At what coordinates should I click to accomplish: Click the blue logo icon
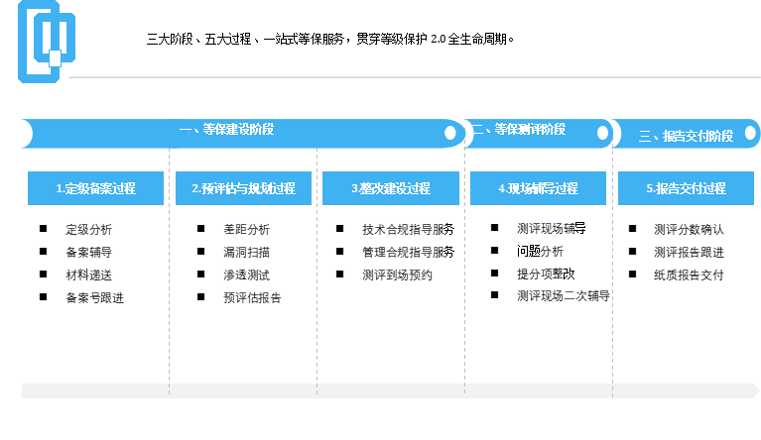click(46, 42)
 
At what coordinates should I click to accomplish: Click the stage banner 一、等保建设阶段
click(243, 133)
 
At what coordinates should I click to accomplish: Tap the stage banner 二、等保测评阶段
click(539, 133)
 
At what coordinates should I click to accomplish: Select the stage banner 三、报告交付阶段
click(687, 134)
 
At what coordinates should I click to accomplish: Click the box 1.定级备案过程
click(95, 188)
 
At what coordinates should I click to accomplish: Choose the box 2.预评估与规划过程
click(243, 188)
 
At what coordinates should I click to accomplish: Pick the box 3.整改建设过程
click(391, 188)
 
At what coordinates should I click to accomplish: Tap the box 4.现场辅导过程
click(538, 188)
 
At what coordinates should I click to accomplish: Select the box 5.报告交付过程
click(686, 188)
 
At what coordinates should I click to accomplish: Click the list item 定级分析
click(89, 229)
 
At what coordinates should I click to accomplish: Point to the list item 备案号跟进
click(94, 297)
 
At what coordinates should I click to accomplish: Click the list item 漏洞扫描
click(246, 252)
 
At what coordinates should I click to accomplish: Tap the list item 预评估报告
click(252, 297)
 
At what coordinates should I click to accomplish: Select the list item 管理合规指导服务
click(408, 252)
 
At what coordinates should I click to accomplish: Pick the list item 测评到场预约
click(397, 275)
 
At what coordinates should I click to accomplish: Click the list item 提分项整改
click(546, 274)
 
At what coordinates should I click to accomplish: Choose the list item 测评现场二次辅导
click(564, 295)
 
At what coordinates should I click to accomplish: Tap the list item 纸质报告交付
click(689, 275)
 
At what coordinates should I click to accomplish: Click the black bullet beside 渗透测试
click(201, 275)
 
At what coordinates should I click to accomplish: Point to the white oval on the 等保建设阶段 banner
click(450, 133)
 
